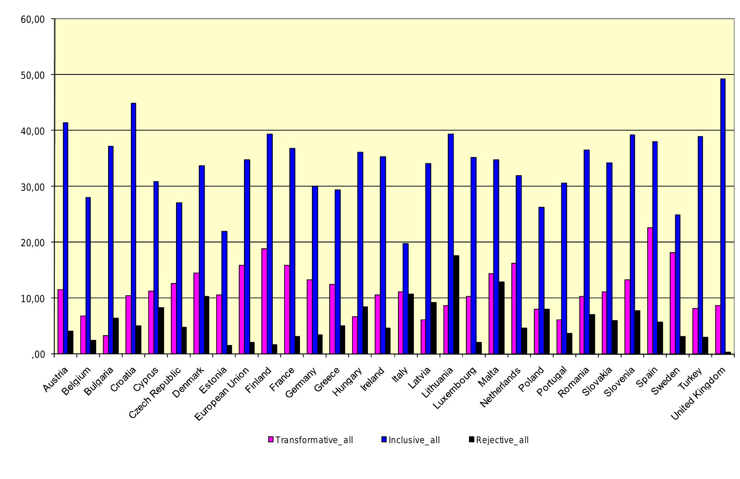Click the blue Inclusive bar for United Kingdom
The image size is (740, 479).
pyautogui.click(x=723, y=216)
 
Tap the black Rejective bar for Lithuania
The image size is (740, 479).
pyautogui.click(x=456, y=305)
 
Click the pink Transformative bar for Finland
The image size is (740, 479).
pyautogui.click(x=264, y=301)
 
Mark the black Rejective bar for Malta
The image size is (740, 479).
pyautogui.click(x=501, y=318)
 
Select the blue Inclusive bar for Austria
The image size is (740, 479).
pyautogui.click(x=66, y=238)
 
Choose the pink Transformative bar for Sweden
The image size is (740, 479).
pyautogui.click(x=672, y=303)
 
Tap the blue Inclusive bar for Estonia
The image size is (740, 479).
pyautogui.click(x=224, y=292)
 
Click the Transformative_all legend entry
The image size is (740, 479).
pyautogui.click(x=311, y=440)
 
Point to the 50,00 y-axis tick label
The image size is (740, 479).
pyautogui.click(x=33, y=75)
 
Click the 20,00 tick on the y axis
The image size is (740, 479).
pyautogui.click(x=33, y=242)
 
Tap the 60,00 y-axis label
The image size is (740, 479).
pyautogui.click(x=33, y=19)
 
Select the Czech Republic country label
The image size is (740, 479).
pyautogui.click(x=154, y=393)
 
